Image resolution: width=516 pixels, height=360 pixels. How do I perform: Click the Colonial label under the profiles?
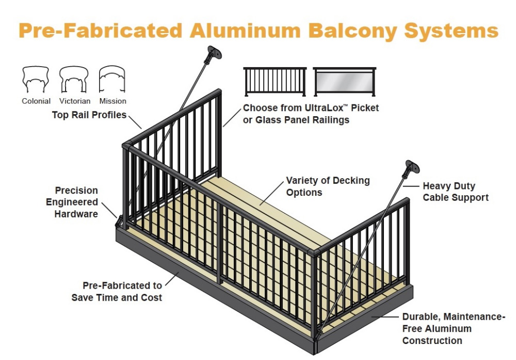coord(36,101)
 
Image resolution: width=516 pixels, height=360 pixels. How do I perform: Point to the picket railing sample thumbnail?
coord(275,81)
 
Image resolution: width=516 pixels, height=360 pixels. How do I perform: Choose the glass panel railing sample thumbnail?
coord(344,81)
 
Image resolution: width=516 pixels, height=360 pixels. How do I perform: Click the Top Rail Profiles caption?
coord(89,115)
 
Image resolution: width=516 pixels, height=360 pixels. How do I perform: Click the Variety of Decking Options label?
coord(328,186)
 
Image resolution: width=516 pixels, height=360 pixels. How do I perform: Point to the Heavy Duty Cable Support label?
coord(455,191)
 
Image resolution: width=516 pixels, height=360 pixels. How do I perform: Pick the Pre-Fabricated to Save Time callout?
coord(117,291)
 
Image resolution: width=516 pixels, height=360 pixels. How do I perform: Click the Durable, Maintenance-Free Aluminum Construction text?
coord(454,328)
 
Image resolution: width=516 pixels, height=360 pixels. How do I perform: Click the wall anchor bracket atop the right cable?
coord(411,168)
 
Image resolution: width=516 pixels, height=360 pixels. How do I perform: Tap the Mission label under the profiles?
coord(112,101)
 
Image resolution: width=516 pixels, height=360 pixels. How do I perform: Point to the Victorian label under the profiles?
coord(75,101)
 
